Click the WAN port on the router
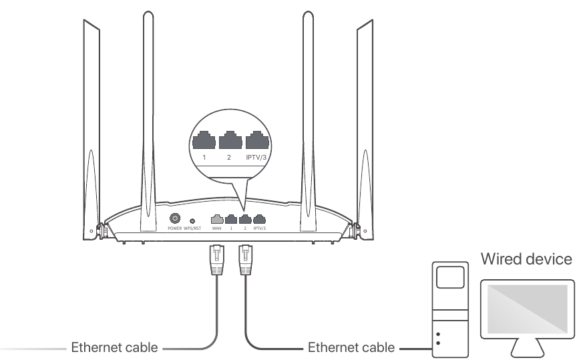[x=216, y=218]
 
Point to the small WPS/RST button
[x=193, y=220]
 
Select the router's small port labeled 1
[x=230, y=218]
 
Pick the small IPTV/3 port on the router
[x=259, y=218]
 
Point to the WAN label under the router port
[x=216, y=228]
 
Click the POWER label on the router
[x=176, y=228]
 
